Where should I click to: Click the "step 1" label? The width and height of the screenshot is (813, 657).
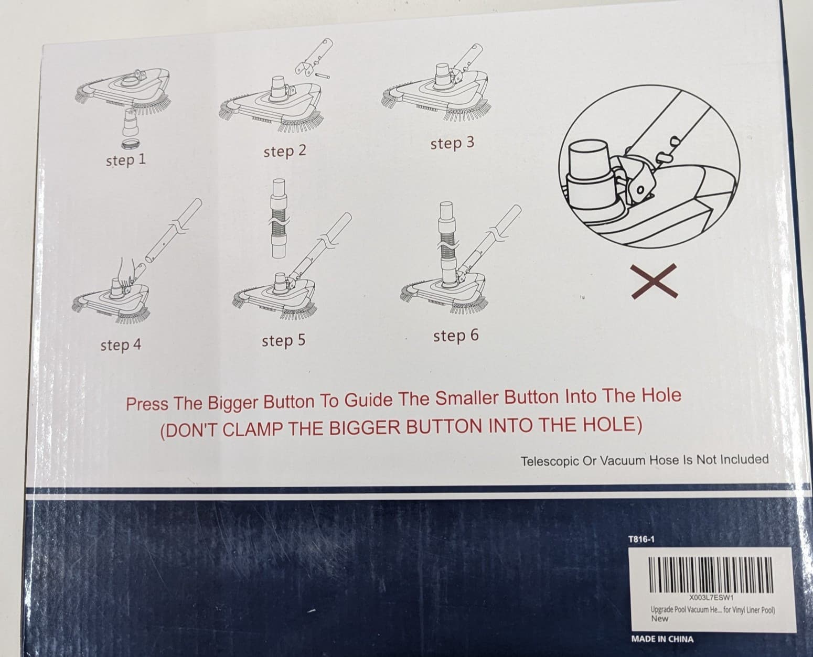pyautogui.click(x=126, y=160)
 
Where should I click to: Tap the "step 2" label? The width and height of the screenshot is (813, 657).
pyautogui.click(x=285, y=151)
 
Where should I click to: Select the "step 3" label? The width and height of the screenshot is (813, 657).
pyautogui.click(x=452, y=143)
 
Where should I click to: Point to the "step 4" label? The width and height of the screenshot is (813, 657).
pyautogui.click(x=121, y=345)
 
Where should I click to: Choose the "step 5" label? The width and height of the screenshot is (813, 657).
pyautogui.click(x=284, y=340)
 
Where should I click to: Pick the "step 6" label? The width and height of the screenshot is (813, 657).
pyautogui.click(x=456, y=336)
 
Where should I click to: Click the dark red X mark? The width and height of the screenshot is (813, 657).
pyautogui.click(x=654, y=281)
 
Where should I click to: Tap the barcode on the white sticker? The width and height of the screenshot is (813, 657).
pyautogui.click(x=711, y=575)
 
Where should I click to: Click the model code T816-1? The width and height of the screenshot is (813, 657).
pyautogui.click(x=641, y=540)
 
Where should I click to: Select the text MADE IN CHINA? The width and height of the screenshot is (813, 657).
pyautogui.click(x=662, y=639)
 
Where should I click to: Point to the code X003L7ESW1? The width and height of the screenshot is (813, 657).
pyautogui.click(x=711, y=597)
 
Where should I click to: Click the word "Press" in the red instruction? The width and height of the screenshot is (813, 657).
pyautogui.click(x=147, y=404)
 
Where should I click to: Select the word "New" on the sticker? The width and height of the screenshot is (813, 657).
pyautogui.click(x=659, y=619)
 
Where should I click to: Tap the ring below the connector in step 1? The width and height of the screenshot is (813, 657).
pyautogui.click(x=130, y=144)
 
